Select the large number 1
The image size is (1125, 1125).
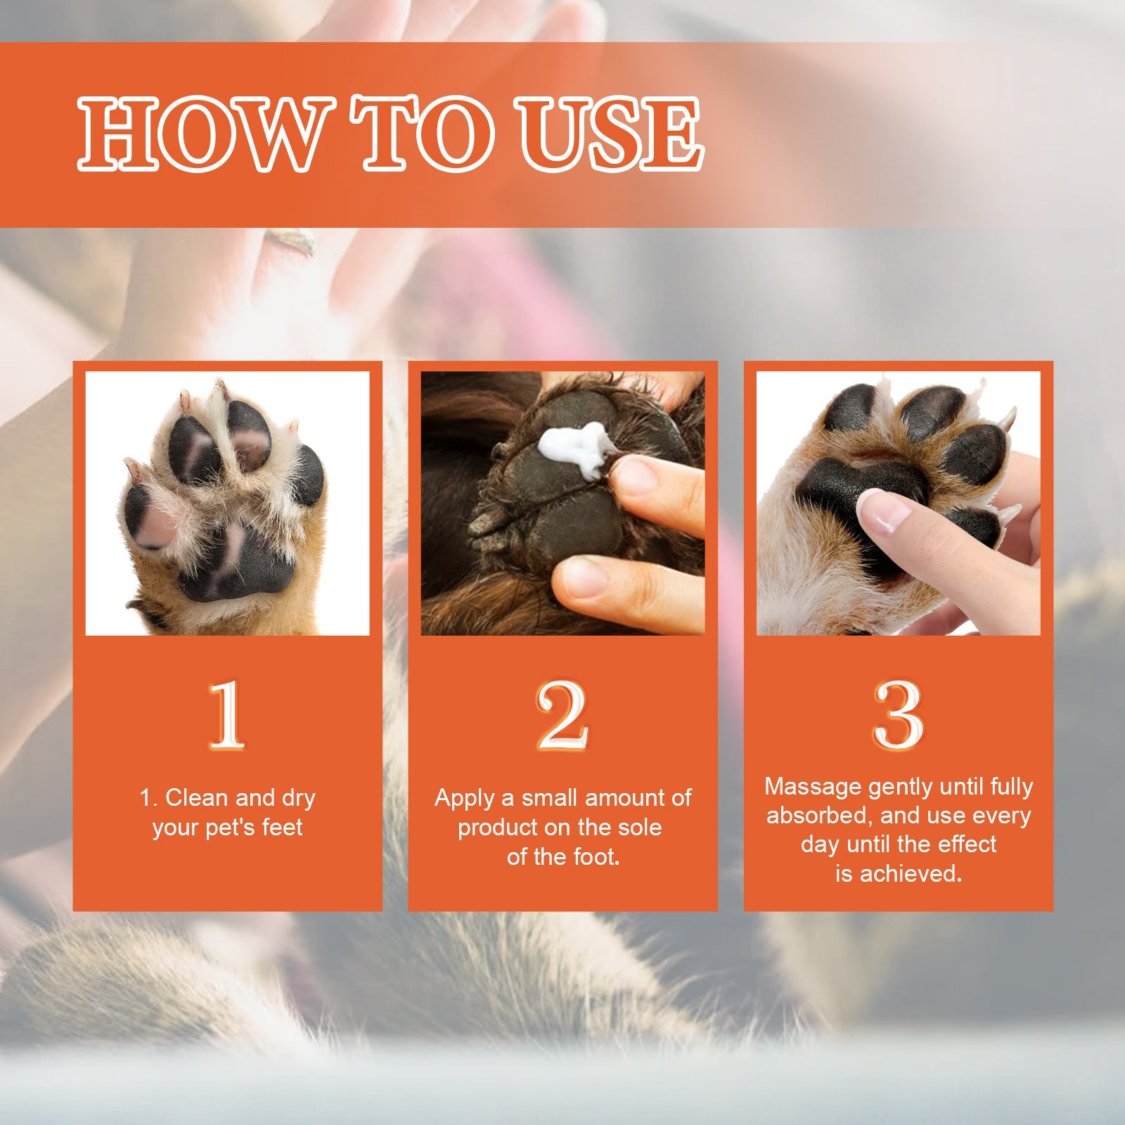(x=227, y=715)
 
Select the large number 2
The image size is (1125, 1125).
(x=562, y=715)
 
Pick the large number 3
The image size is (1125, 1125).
(x=898, y=715)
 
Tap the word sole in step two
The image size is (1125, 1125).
(x=639, y=828)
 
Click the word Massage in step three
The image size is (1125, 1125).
(x=813, y=786)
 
